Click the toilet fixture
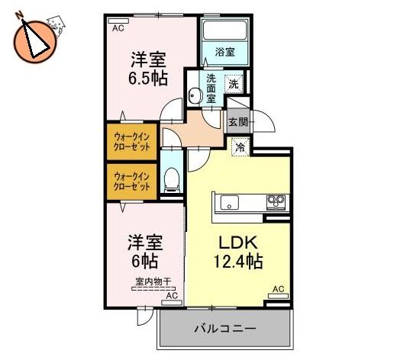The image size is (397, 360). [x=172, y=179]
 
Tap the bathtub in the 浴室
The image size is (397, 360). [x=225, y=31]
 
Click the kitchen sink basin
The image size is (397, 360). [x=229, y=202]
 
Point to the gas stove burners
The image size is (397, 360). [x=276, y=202]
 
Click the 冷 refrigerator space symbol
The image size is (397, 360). [x=240, y=146]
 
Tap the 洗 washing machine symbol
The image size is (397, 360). [x=234, y=84]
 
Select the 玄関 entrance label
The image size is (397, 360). [x=238, y=122]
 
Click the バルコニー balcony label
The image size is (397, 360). [x=225, y=329]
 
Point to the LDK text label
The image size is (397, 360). [x=238, y=243]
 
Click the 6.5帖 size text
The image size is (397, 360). [x=148, y=79]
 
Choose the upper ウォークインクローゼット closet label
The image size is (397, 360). [x=131, y=142]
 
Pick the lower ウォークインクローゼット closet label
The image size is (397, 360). [x=131, y=182]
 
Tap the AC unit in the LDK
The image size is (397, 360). [x=278, y=296]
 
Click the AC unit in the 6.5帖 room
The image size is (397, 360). [x=118, y=21]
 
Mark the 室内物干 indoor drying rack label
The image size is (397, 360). [x=153, y=281]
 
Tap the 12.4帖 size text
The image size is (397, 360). [x=238, y=262]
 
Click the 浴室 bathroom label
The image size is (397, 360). [x=225, y=52]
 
